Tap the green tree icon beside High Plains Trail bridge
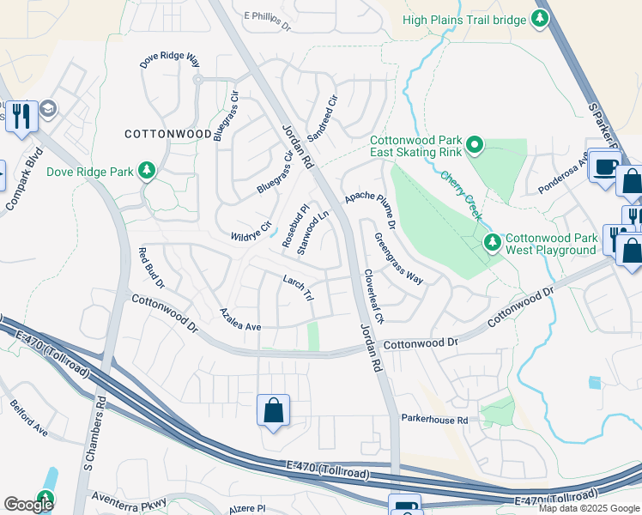coord(539,18)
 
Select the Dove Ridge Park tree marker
coord(148,171)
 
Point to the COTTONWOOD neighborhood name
coord(168,134)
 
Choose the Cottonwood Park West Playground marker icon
coord(493,243)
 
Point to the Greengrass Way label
coord(399,258)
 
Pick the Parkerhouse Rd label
coord(434,420)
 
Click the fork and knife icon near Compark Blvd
coord(21,115)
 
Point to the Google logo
coord(28,504)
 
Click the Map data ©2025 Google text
coord(588,508)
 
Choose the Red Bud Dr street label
coord(151,269)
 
